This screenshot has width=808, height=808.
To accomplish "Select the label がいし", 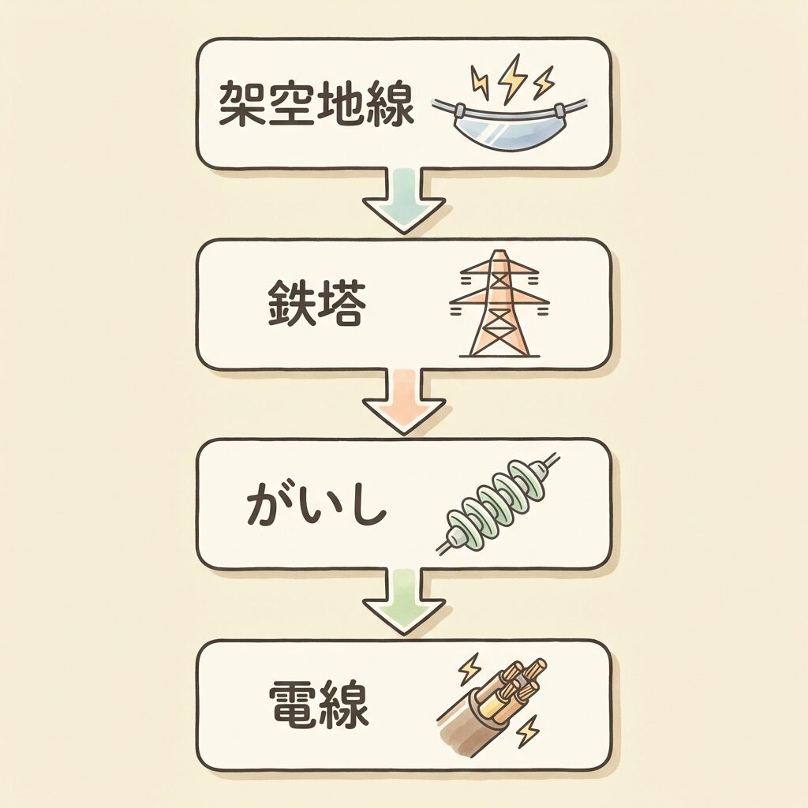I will click(316, 506).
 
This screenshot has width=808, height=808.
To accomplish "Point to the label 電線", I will click(319, 705).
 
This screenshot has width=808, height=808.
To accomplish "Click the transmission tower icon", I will click(498, 304).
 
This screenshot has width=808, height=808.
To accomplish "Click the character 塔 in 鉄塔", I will click(342, 305).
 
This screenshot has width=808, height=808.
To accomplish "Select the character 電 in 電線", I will click(292, 705).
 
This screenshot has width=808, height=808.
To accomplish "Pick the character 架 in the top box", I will click(240, 104).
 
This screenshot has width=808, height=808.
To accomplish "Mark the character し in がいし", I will click(365, 506).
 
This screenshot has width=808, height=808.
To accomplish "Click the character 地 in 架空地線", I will click(341, 104).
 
